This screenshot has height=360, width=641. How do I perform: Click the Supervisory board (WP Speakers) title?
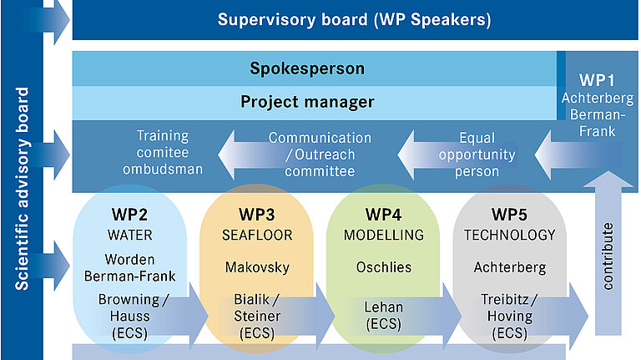[x=354, y=18]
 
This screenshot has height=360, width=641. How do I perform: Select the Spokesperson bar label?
[x=307, y=68]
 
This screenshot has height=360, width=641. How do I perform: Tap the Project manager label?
[x=307, y=102]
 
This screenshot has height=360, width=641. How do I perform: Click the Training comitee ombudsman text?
[x=163, y=153]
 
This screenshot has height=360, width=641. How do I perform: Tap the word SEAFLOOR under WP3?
[x=256, y=236]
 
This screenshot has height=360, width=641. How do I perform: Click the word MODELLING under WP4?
[x=384, y=236]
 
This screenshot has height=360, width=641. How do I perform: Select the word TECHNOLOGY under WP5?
[x=509, y=236]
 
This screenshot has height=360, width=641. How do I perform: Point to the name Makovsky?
[x=256, y=267]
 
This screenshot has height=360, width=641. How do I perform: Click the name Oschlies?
[x=384, y=267]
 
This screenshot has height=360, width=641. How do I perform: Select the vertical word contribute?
[x=608, y=256]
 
